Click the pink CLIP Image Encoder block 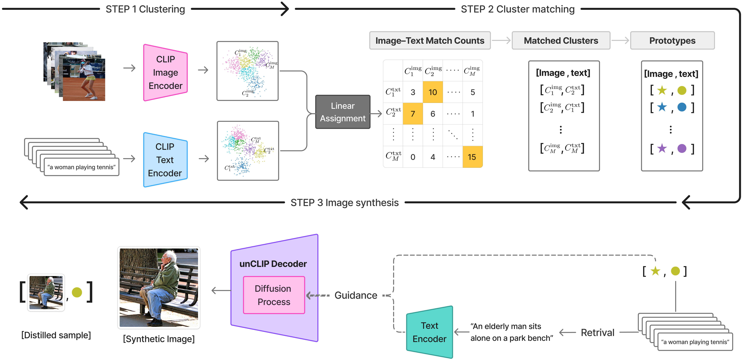point(165,73)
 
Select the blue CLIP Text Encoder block point(165,160)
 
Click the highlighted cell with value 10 point(433,92)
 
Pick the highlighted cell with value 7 point(413,114)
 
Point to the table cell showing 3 point(413,92)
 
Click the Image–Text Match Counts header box point(430,41)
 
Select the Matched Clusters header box point(561,41)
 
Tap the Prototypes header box point(672,41)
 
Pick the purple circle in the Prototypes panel point(682,149)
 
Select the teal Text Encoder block point(429,332)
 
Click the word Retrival point(597,333)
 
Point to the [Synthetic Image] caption point(159,339)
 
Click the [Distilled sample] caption point(56,335)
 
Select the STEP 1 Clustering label point(145,9)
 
